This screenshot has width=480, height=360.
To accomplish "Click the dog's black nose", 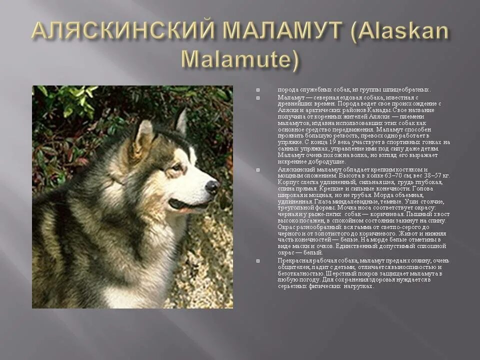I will click(x=212, y=187).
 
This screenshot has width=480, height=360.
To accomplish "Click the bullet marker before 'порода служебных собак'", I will click(x=258, y=90).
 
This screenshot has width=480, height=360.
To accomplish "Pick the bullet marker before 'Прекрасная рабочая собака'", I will click(x=258, y=261).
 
